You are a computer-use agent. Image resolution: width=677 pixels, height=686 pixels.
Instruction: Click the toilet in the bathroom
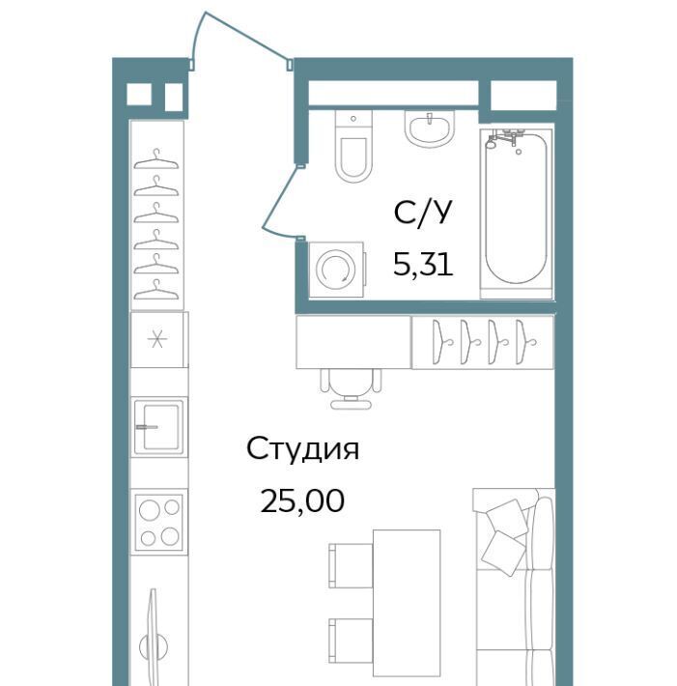353,146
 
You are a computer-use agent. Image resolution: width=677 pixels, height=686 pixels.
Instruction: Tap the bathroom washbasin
430,128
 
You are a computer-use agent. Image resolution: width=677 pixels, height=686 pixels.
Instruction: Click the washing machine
336,270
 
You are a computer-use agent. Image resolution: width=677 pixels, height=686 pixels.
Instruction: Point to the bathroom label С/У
422,214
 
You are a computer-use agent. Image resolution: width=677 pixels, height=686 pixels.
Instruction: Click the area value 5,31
423,264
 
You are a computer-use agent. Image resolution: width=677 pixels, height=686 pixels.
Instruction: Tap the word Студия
302,449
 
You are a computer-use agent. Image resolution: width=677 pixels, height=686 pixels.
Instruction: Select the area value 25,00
302,500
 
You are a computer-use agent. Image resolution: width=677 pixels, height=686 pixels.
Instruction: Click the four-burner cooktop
158,522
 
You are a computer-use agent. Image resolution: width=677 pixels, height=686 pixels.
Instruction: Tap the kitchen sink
158,426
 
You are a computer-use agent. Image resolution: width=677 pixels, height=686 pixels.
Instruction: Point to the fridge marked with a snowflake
159,339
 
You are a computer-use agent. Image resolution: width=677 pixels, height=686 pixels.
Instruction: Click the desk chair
351,388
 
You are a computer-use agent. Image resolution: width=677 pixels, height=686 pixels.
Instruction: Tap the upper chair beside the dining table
351,565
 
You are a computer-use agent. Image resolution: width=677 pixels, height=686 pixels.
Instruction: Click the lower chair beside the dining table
351,641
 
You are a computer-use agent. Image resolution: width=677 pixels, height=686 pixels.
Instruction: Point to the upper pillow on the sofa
507,520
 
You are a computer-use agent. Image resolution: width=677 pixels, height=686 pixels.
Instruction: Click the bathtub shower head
492,141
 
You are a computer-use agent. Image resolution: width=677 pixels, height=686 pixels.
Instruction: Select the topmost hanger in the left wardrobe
156,159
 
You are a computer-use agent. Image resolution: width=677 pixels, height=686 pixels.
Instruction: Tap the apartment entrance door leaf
247,37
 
